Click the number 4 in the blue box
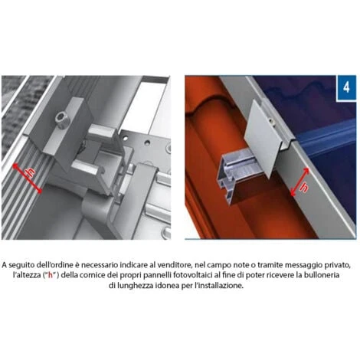click(346, 87)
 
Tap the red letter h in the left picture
click(31, 173)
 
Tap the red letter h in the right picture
click(304, 188)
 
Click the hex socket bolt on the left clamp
click(62, 118)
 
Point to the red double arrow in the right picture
click(299, 182)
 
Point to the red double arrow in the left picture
click(28, 178)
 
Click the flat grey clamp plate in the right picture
click(262, 139)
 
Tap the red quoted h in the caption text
click(51, 275)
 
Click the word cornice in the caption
click(90, 275)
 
